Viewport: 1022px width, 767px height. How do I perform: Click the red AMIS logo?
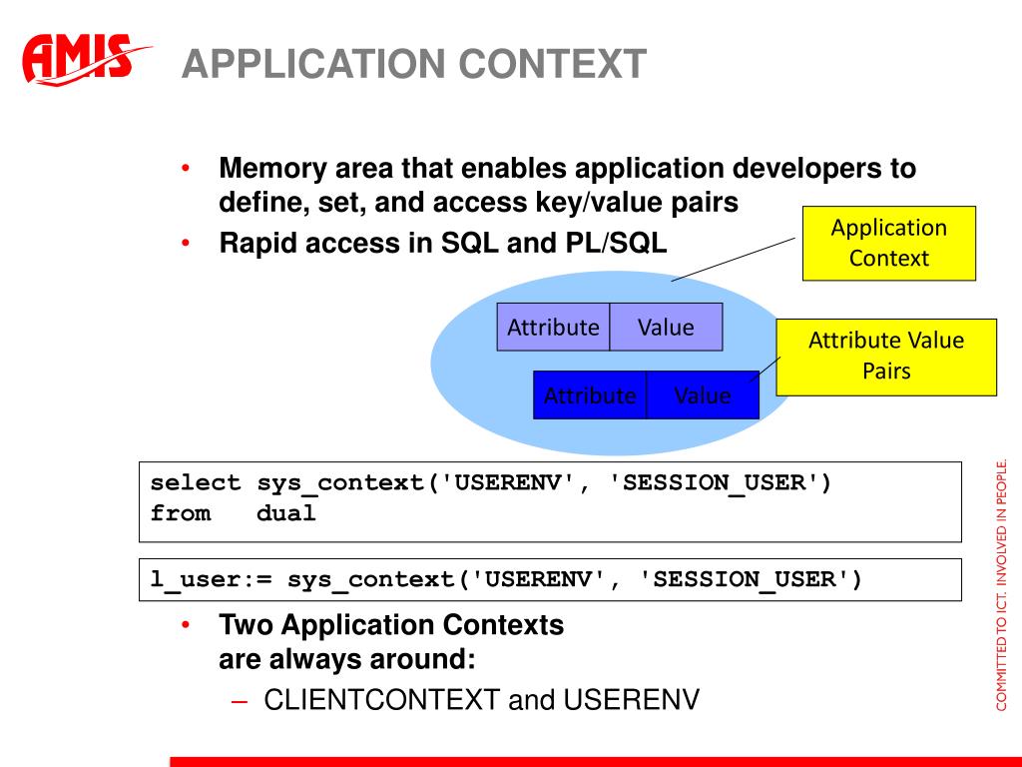coord(85,59)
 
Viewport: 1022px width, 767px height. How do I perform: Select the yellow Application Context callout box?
coord(889,244)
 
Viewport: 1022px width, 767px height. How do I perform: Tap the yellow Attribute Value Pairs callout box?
coord(886,357)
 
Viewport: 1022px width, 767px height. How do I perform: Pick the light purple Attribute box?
coord(553,327)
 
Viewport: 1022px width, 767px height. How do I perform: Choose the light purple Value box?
coord(666,327)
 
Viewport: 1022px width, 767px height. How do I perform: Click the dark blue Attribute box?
coord(590,395)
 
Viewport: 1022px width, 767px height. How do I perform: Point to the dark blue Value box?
coord(703,395)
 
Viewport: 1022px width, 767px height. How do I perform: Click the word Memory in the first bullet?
coord(273,169)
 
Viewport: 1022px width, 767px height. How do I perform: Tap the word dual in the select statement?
coord(286,513)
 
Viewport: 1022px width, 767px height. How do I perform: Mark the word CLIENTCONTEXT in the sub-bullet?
coord(382,700)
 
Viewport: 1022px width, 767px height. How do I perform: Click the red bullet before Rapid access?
coord(186,244)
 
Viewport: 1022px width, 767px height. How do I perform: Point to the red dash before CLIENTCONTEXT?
coord(240,702)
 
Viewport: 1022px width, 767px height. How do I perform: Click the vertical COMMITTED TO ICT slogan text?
coord(1002,585)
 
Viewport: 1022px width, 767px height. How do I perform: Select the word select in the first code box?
coord(196,482)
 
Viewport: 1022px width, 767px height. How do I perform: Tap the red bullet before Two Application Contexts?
coord(186,625)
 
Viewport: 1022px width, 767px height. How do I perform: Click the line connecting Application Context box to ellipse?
coord(734,260)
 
